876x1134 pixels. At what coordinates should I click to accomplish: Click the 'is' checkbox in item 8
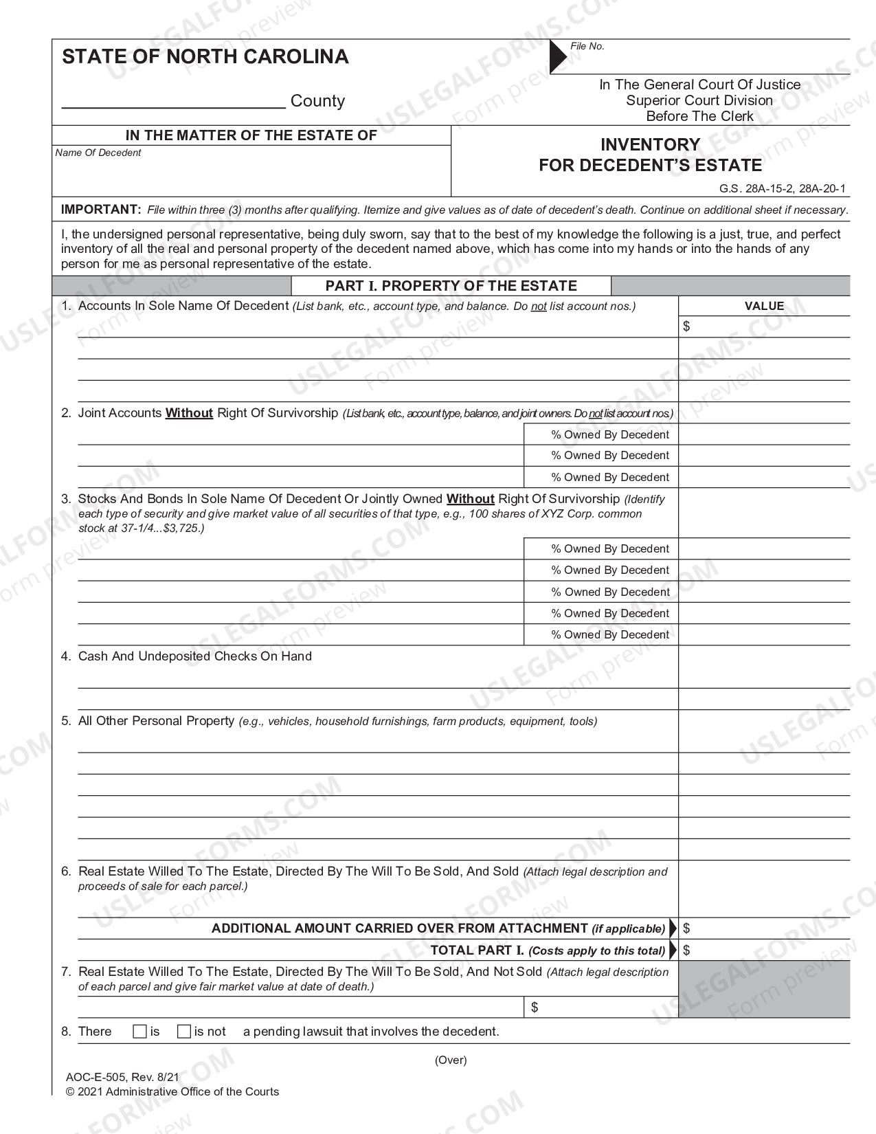click(139, 1032)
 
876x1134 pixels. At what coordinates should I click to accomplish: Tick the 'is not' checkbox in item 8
click(183, 1032)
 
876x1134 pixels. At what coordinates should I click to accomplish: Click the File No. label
click(587, 46)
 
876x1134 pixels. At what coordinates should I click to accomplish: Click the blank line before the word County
click(173, 102)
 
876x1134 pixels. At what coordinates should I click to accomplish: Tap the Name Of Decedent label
click(98, 153)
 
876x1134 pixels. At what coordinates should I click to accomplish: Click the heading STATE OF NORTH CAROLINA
click(205, 56)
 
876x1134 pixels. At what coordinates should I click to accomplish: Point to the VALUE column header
click(764, 306)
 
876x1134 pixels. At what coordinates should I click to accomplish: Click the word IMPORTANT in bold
click(100, 210)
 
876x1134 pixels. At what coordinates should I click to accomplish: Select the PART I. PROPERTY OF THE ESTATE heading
click(451, 286)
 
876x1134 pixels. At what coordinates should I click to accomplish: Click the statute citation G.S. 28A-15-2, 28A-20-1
click(783, 188)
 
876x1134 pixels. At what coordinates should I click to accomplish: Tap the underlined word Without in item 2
click(189, 413)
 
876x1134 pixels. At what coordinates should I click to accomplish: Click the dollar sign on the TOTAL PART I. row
click(687, 950)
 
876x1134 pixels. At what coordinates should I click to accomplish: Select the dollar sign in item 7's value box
click(535, 1008)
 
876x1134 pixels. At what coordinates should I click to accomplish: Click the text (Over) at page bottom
click(451, 1060)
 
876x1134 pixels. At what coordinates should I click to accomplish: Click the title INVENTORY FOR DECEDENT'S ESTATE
click(650, 155)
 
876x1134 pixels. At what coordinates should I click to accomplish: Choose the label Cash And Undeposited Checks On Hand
click(195, 656)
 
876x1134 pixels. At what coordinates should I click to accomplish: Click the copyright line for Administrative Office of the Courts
click(172, 1091)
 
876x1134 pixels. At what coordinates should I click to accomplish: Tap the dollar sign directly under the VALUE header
click(686, 326)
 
